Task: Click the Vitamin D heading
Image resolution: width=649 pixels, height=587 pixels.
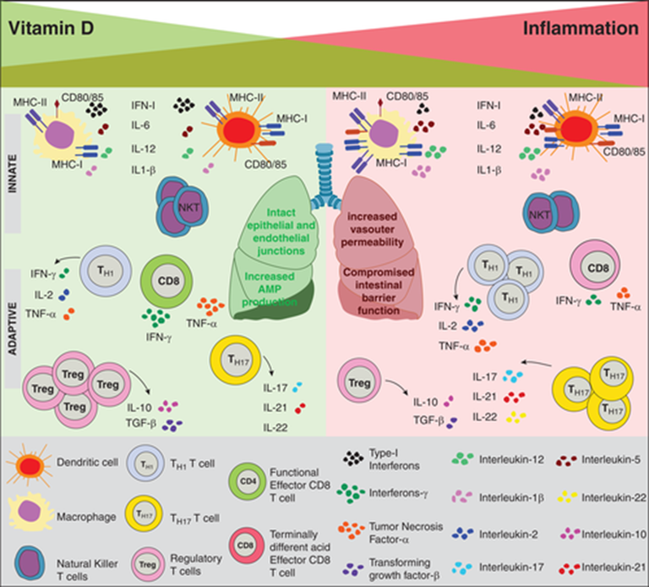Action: tap(52, 28)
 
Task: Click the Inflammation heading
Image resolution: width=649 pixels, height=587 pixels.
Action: tap(581, 28)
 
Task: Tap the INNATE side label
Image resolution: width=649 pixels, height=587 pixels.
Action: tap(13, 174)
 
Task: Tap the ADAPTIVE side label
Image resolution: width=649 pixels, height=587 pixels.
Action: tap(13, 328)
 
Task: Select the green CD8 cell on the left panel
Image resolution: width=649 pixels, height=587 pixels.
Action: tap(166, 282)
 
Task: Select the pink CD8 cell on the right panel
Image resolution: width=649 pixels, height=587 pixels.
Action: tap(595, 264)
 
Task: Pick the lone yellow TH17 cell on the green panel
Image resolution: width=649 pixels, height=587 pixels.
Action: tap(236, 360)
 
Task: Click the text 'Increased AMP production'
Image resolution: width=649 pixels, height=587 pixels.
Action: tap(270, 288)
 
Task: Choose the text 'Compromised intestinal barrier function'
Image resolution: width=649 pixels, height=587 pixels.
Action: tap(379, 291)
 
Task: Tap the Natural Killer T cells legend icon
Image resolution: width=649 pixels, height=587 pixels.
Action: tap(30, 563)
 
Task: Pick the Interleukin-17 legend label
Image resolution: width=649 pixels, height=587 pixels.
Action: tap(511, 567)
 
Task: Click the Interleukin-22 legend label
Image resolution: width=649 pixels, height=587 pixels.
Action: tap(614, 497)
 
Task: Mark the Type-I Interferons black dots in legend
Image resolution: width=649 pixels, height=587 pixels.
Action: tap(353, 458)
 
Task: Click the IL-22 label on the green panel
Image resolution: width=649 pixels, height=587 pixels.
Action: tap(275, 427)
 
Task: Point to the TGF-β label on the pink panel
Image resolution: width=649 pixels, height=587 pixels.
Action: tap(429, 420)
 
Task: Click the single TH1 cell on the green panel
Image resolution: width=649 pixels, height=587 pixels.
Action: tap(105, 271)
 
